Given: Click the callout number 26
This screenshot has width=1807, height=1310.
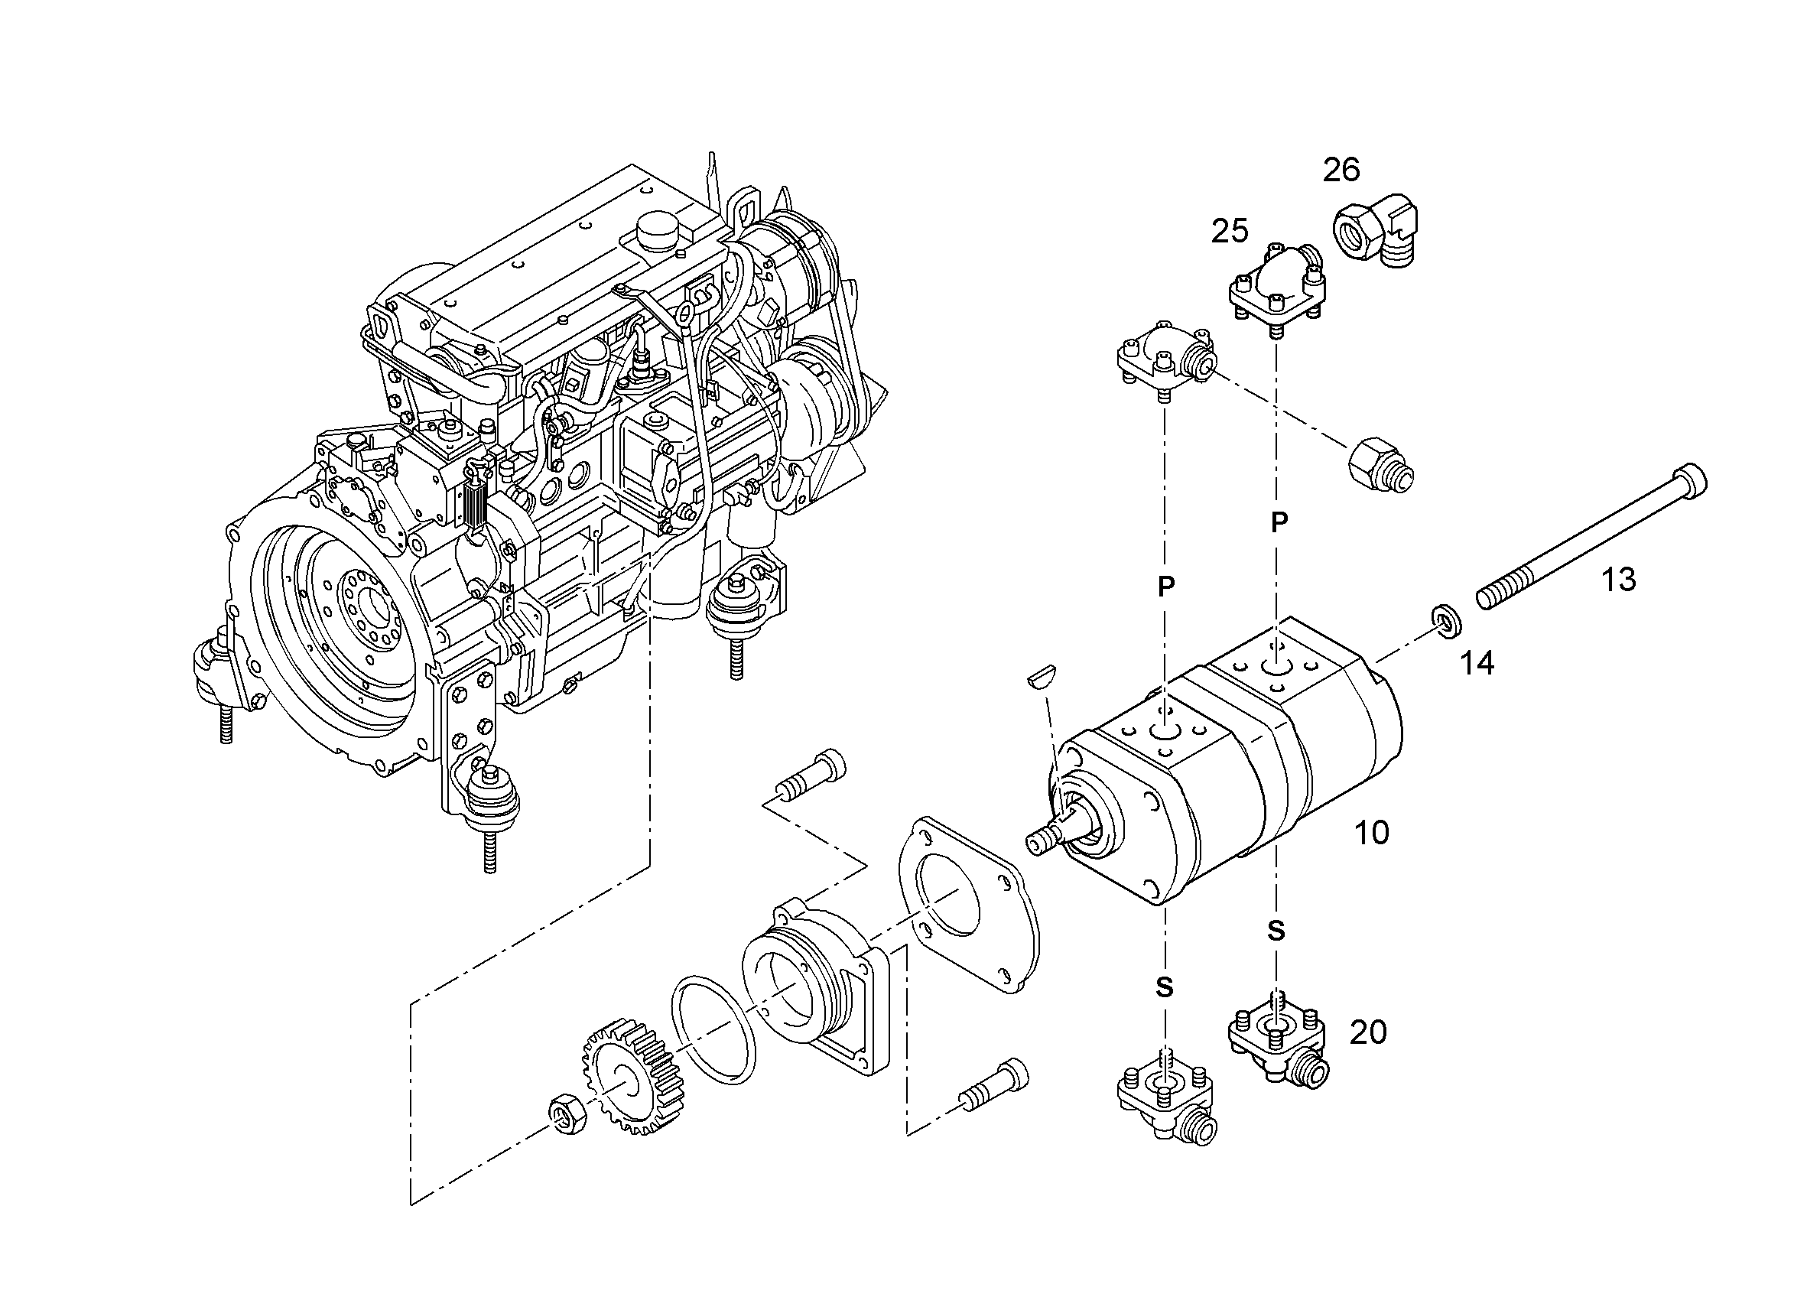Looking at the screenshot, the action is coord(1342,170).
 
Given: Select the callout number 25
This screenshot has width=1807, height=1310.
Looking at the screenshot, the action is coord(1230,231).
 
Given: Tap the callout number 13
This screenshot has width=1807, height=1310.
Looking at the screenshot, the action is coord(1618,580).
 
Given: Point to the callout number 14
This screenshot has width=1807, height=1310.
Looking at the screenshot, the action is coord(1477,663).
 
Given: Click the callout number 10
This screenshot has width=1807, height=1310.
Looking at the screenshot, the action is coord(1372,833).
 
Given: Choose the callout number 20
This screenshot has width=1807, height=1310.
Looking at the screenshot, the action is coord(1368,1032).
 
